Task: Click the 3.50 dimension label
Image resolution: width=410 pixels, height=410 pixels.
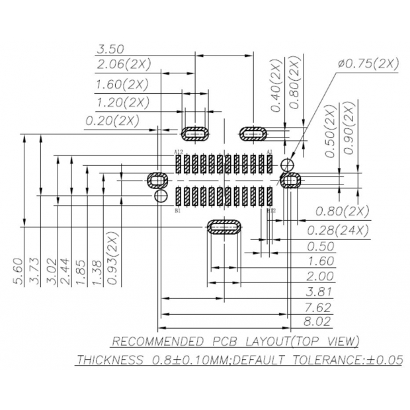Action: click(110, 49)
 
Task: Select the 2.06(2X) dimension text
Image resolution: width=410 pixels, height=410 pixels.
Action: click(123, 64)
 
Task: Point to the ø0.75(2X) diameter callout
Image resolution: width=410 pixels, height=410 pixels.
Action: click(368, 63)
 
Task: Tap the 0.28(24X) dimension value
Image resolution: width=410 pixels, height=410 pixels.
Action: click(338, 230)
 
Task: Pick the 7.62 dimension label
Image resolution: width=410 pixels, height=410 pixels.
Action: click(317, 307)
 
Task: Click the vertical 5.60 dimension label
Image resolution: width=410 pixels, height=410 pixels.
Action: click(18, 271)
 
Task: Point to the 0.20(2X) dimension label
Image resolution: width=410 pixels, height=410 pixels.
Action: click(112, 121)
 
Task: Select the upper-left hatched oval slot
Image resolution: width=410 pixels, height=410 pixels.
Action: click(196, 134)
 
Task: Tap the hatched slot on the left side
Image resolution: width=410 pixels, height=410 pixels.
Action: click(157, 179)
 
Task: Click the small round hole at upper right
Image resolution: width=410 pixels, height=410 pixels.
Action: click(286, 164)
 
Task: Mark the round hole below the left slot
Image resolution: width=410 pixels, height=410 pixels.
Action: click(159, 196)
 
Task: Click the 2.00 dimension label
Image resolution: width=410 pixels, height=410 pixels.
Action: click(320, 276)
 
